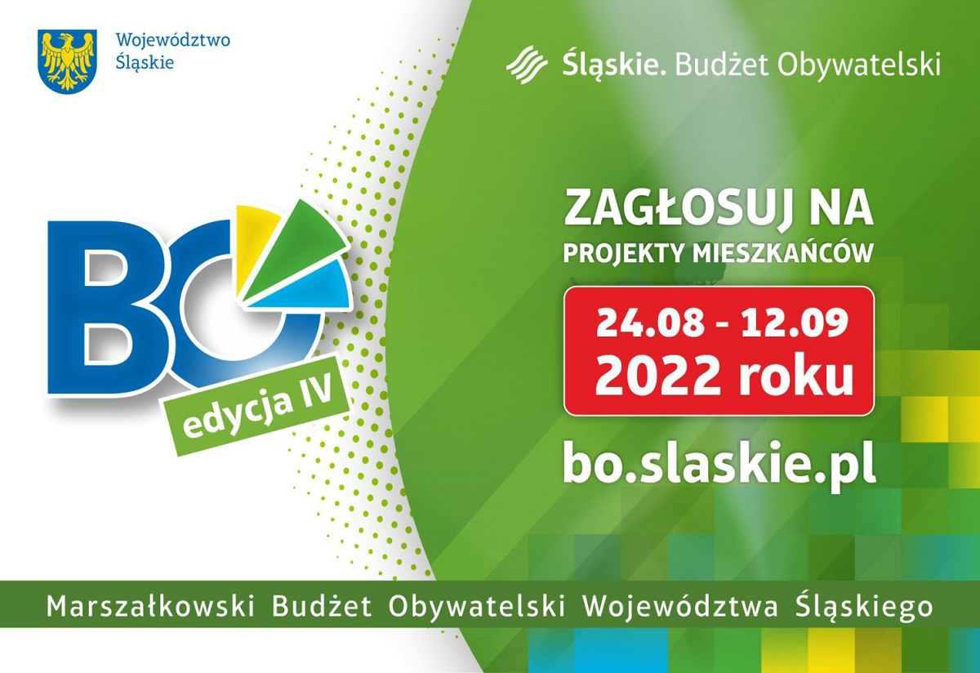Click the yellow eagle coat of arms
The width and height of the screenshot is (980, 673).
pos(67,61)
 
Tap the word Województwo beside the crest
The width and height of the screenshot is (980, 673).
pos(173,41)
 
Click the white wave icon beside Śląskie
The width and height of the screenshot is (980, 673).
pos(527,65)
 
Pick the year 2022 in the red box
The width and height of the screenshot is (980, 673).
pos(657,376)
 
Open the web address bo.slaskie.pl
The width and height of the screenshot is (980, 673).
pos(719,464)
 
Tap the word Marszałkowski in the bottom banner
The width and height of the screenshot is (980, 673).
pos(150,606)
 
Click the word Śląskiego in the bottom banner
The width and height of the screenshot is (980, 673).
pos(864,606)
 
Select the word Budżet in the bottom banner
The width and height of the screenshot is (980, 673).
pos(322,605)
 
